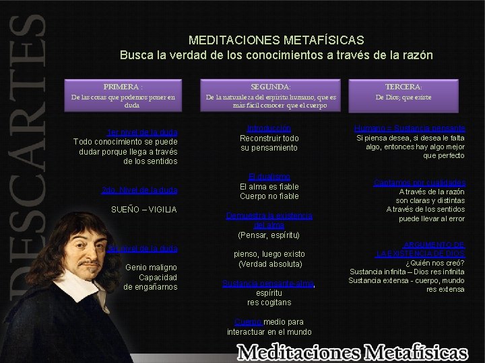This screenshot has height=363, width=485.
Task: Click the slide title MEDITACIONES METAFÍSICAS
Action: click(276, 40)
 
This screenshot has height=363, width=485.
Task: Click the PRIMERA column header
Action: click(123, 87)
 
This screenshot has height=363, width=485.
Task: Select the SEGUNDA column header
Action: click(271, 87)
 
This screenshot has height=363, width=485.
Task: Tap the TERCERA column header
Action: click(403, 87)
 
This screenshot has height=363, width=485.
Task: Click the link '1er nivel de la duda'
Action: click(141, 132)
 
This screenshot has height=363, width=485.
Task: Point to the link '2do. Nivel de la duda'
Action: click(139, 190)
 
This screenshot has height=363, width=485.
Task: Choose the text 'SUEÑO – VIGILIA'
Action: click(143, 210)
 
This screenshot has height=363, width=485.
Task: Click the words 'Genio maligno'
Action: click(151, 268)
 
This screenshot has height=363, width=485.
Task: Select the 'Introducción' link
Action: click(269, 128)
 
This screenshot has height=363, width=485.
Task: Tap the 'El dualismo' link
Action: click(269, 177)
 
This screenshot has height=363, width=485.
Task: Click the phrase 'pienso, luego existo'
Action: click(269, 254)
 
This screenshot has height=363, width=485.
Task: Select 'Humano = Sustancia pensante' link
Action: click(410, 128)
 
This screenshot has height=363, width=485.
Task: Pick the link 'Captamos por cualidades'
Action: click(419, 182)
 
